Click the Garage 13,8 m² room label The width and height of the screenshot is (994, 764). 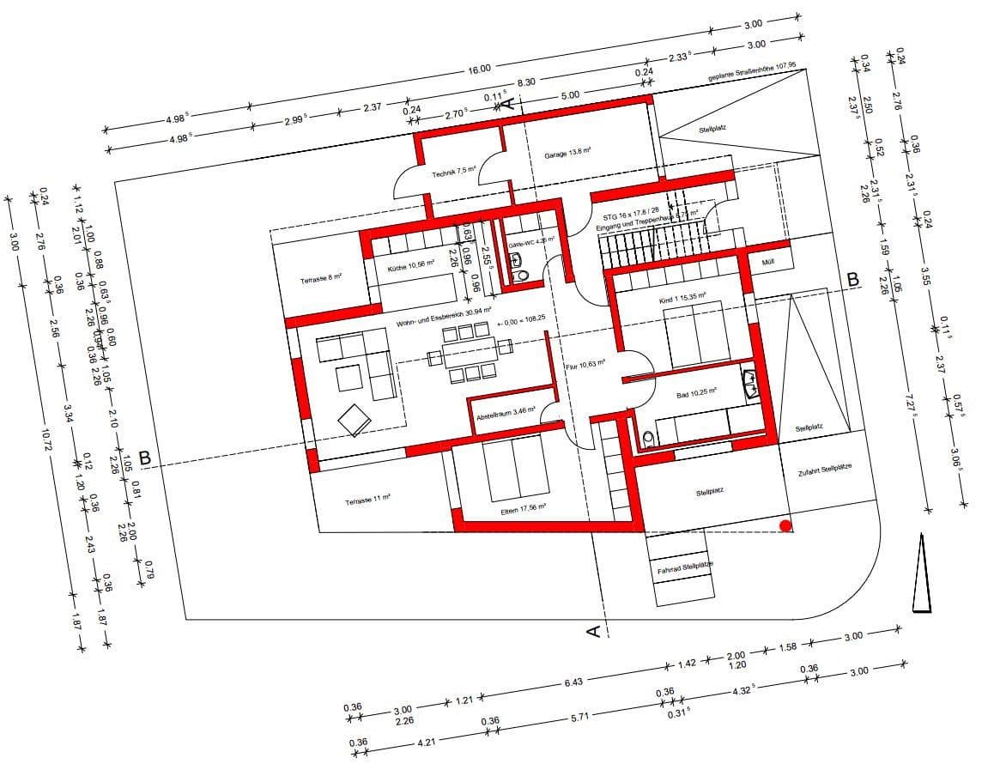click(567, 154)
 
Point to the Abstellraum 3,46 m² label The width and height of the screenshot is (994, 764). click(506, 414)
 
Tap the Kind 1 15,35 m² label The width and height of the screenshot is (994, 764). click(683, 297)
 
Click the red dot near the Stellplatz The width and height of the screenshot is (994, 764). click(785, 525)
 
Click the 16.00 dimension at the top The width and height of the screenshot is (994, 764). click(479, 69)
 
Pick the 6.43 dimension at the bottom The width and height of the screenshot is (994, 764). click(573, 682)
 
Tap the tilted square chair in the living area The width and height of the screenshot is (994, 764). click(354, 420)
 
